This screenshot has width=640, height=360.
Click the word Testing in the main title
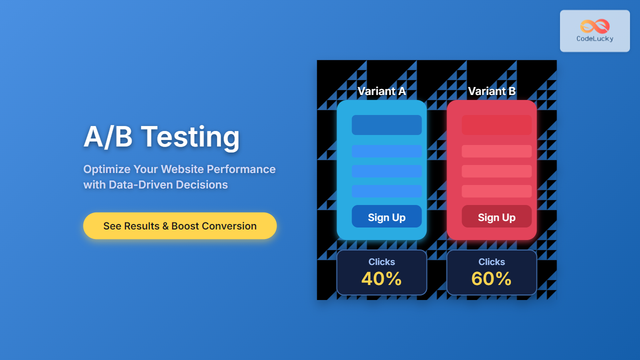(x=190, y=137)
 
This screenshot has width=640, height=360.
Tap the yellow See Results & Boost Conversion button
(x=180, y=225)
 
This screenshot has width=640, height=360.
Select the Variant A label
(x=381, y=91)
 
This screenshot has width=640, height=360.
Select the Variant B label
(x=491, y=91)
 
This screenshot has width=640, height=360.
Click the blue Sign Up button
(x=386, y=216)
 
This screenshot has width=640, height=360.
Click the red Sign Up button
(x=496, y=216)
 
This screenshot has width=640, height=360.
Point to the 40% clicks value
(x=381, y=278)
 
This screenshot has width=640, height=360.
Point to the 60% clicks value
(x=491, y=278)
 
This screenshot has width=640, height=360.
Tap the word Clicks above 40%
(x=381, y=261)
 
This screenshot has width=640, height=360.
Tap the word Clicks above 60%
(x=491, y=261)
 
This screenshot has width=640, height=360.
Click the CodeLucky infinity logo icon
(x=595, y=26)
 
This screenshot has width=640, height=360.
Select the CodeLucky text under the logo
(x=595, y=38)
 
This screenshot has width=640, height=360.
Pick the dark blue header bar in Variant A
(x=386, y=125)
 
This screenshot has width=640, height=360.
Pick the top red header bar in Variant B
(x=496, y=125)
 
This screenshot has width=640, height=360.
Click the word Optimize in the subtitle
(x=107, y=169)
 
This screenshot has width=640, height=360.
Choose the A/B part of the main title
(x=108, y=137)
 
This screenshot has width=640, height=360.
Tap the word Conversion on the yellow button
(x=229, y=226)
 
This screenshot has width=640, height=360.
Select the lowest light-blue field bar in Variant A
(x=386, y=191)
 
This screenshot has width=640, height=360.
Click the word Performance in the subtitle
(x=241, y=169)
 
